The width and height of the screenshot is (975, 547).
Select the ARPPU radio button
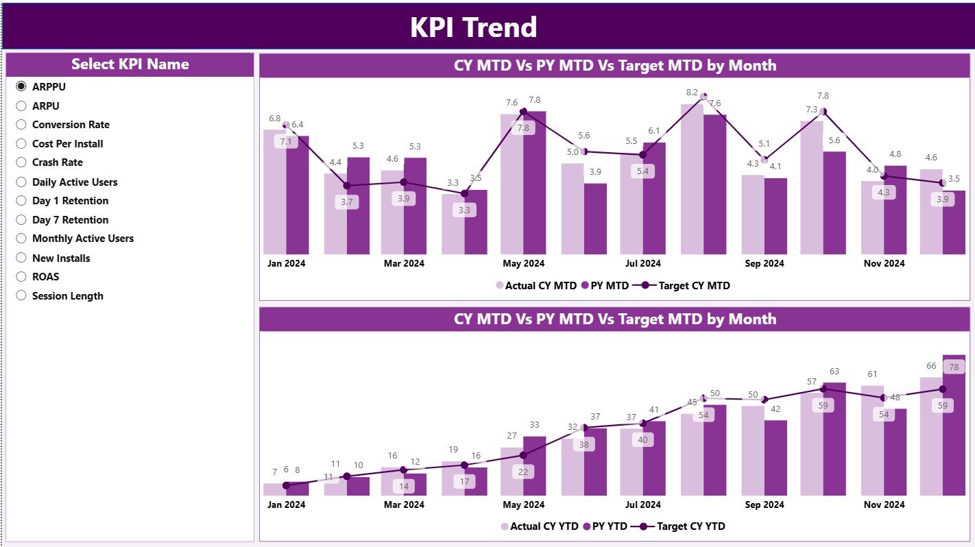click(21, 86)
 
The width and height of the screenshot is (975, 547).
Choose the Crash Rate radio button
click(21, 162)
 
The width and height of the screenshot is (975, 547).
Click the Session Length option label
click(67, 296)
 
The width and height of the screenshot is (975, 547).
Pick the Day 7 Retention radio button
click(21, 220)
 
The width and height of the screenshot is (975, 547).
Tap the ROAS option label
click(45, 277)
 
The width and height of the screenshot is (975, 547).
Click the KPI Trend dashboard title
click(473, 27)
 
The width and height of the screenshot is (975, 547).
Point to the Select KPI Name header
click(130, 64)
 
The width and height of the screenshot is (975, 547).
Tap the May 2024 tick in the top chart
click(523, 263)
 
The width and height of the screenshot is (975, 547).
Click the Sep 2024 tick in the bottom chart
click(765, 505)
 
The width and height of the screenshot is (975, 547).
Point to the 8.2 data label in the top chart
click(692, 93)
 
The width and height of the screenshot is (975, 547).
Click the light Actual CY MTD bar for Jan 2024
click(275, 192)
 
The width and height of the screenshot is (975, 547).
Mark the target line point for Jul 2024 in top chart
click(642, 155)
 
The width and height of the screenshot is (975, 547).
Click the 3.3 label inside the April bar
click(464, 210)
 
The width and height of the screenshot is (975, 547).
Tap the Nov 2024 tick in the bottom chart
click(884, 505)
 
